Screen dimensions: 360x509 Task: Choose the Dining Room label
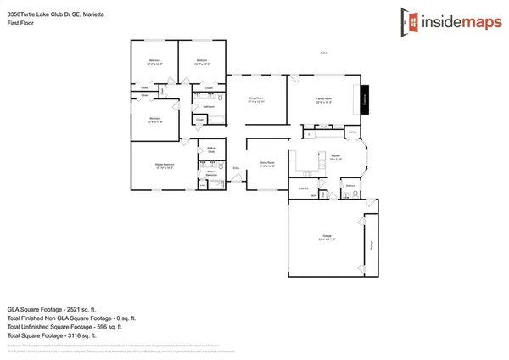(266, 162)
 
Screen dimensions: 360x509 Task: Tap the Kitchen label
(335, 156)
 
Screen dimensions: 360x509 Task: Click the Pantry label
(351, 132)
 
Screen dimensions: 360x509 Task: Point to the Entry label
(236, 168)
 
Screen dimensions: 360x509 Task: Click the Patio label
(323, 53)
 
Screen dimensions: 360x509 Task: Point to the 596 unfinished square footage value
(95, 326)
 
